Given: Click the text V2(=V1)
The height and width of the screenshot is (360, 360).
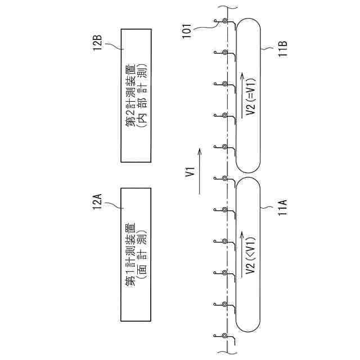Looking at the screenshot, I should pyautogui.click(x=251, y=96).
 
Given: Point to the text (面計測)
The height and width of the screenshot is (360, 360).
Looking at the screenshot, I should pyautogui.click(x=142, y=252).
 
